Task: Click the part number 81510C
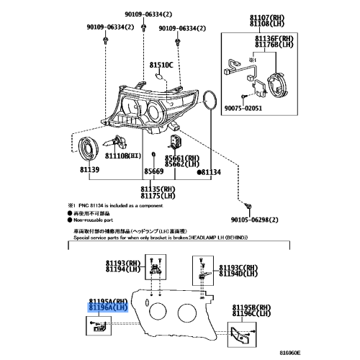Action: coord(162,66)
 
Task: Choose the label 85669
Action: coord(153,172)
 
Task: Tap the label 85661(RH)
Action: coord(181,156)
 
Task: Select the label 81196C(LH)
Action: coord(252,313)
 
